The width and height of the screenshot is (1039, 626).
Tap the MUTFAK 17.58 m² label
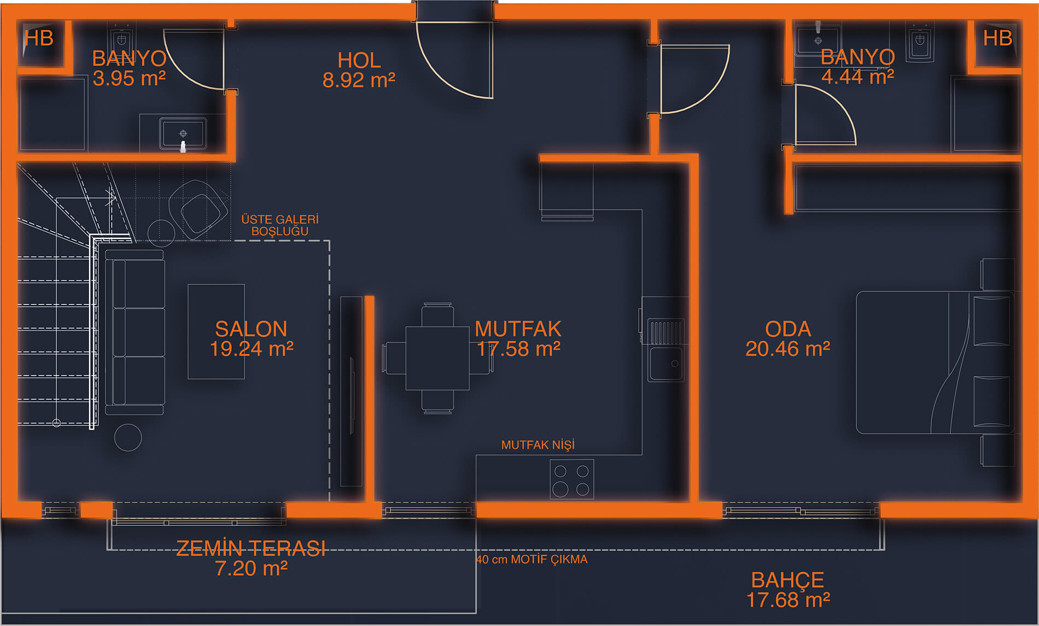(518, 338)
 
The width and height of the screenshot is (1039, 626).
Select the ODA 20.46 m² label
(787, 338)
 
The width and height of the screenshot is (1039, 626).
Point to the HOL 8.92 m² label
(359, 70)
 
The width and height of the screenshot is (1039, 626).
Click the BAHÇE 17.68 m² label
(787, 589)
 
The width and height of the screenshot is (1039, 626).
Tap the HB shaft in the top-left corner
(39, 39)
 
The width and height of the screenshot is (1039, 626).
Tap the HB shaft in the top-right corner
(997, 39)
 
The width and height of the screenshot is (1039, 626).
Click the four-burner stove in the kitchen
(571, 479)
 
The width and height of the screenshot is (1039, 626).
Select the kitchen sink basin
(666, 364)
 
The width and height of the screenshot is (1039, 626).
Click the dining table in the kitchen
(437, 358)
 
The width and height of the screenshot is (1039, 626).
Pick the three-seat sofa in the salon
(135, 332)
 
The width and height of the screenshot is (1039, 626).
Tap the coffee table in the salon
(216, 331)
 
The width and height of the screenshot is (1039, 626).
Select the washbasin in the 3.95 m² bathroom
(183, 133)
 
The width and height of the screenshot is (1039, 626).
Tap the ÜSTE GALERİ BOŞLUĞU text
(279, 225)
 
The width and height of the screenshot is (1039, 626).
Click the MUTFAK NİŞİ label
(538, 445)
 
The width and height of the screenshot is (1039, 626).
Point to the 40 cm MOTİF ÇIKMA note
(532, 559)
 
